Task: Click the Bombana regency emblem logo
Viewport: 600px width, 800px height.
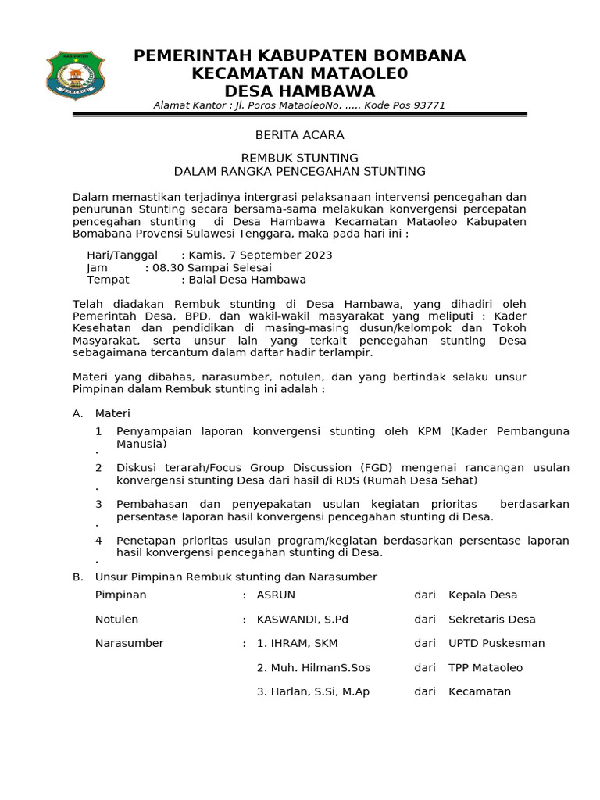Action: (x=76, y=76)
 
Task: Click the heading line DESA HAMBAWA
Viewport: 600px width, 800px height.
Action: (x=299, y=91)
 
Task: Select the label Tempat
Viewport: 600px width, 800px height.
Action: (x=108, y=280)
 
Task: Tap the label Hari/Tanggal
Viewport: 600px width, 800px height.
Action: (x=122, y=255)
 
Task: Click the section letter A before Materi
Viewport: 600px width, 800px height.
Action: (x=77, y=413)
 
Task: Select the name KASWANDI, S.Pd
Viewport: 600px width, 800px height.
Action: (x=302, y=620)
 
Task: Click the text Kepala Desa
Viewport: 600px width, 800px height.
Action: (x=483, y=595)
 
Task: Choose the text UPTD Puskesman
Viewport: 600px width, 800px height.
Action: (x=497, y=643)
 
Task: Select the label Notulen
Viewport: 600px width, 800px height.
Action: (x=116, y=620)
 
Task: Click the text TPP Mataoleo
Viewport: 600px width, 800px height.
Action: (x=486, y=668)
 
